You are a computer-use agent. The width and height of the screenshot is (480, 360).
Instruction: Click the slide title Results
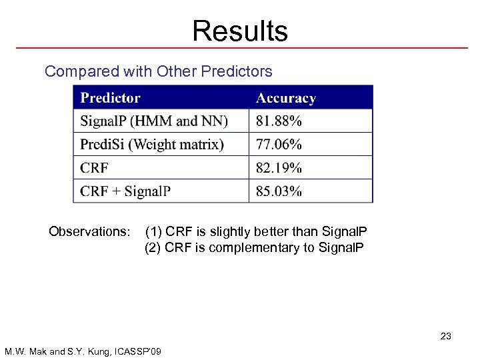point(240,31)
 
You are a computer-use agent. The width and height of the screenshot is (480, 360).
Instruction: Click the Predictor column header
point(110,98)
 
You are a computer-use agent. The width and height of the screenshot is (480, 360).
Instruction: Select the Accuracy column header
point(285,98)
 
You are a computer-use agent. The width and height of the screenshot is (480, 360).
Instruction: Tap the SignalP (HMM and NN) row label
point(154,121)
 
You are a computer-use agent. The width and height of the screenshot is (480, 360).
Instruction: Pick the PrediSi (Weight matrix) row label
point(152,145)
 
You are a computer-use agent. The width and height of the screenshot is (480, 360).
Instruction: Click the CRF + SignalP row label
point(125,191)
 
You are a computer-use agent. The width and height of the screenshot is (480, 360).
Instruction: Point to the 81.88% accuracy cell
point(279,121)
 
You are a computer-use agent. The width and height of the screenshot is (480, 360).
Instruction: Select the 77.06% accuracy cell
point(279,145)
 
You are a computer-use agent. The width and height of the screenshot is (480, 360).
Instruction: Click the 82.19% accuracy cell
point(279,168)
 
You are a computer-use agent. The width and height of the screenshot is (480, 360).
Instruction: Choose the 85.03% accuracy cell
point(279,191)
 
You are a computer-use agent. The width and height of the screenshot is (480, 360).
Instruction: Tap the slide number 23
point(445,336)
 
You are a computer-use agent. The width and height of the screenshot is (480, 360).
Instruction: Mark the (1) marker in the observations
point(153,232)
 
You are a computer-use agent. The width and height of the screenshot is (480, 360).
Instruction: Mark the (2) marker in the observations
point(153,248)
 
